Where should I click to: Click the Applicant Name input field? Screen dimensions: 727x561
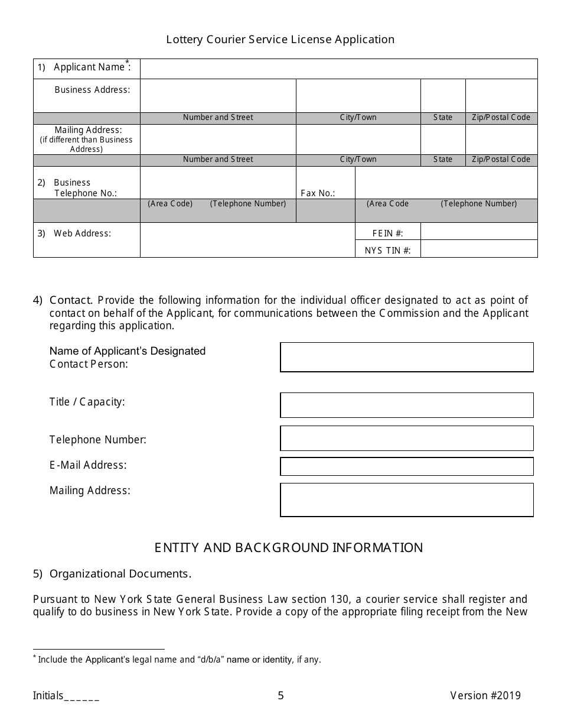pyautogui.click(x=338, y=69)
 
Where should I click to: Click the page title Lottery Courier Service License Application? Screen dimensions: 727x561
pyautogui.click(x=280, y=40)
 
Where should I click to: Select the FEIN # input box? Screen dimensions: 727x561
pyautogui.click(x=478, y=231)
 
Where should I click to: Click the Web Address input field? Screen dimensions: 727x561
pyautogui.click(x=247, y=240)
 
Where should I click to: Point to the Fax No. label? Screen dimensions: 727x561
pyautogui.click(x=318, y=193)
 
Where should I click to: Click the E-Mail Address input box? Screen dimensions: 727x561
pyautogui.click(x=406, y=466)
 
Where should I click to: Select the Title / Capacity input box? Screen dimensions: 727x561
pyautogui.click(x=406, y=405)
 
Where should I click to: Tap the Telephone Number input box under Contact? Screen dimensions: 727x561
pyautogui.click(x=406, y=439)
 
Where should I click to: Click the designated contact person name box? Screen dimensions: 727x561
pyautogui.click(x=406, y=357)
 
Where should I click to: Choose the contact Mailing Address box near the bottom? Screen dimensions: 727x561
pyautogui.click(x=406, y=500)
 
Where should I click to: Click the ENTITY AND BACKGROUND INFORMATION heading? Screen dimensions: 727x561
pyautogui.click(x=288, y=547)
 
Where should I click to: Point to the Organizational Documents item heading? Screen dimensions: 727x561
pyautogui.click(x=120, y=573)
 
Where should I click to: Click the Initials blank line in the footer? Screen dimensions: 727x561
pyautogui.click(x=81, y=696)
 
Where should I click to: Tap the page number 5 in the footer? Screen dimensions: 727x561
pyautogui.click(x=280, y=696)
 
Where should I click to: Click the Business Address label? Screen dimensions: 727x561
pyautogui.click(x=92, y=90)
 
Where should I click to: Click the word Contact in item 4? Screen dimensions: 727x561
pyautogui.click(x=70, y=300)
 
